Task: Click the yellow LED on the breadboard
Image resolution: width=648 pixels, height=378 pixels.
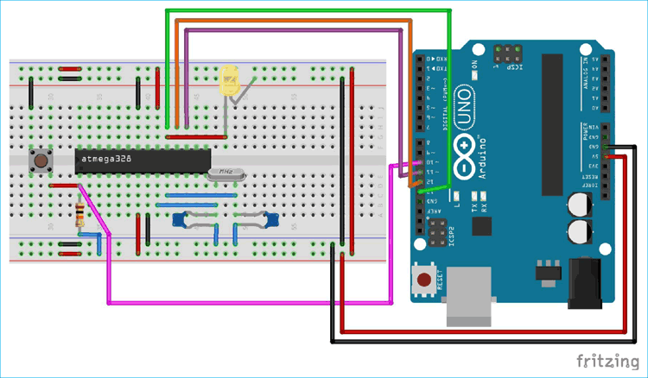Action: coord(231,82)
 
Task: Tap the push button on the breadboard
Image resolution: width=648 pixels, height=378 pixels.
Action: coord(39,161)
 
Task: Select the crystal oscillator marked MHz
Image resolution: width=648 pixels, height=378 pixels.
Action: coord(226,173)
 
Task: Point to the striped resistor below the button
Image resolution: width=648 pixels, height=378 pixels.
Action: coord(80,212)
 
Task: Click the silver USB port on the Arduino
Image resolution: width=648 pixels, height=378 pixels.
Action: coord(472,298)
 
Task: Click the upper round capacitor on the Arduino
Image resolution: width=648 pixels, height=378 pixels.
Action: coord(581,205)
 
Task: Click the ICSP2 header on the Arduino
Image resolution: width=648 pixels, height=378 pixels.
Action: coord(437,232)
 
